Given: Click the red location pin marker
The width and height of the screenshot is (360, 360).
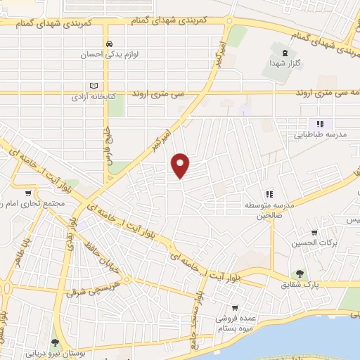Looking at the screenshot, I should click(181, 165).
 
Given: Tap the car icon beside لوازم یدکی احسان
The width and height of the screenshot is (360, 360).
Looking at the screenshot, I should click(109, 44).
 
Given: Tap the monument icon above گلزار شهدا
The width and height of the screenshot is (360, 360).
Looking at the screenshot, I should click(285, 53).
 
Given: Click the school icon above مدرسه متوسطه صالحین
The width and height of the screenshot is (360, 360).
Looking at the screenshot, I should click(269, 193).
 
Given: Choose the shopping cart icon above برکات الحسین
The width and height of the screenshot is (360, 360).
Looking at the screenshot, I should click(314, 233).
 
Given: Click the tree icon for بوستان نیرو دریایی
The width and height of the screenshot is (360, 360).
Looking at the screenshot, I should click(56, 343).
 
